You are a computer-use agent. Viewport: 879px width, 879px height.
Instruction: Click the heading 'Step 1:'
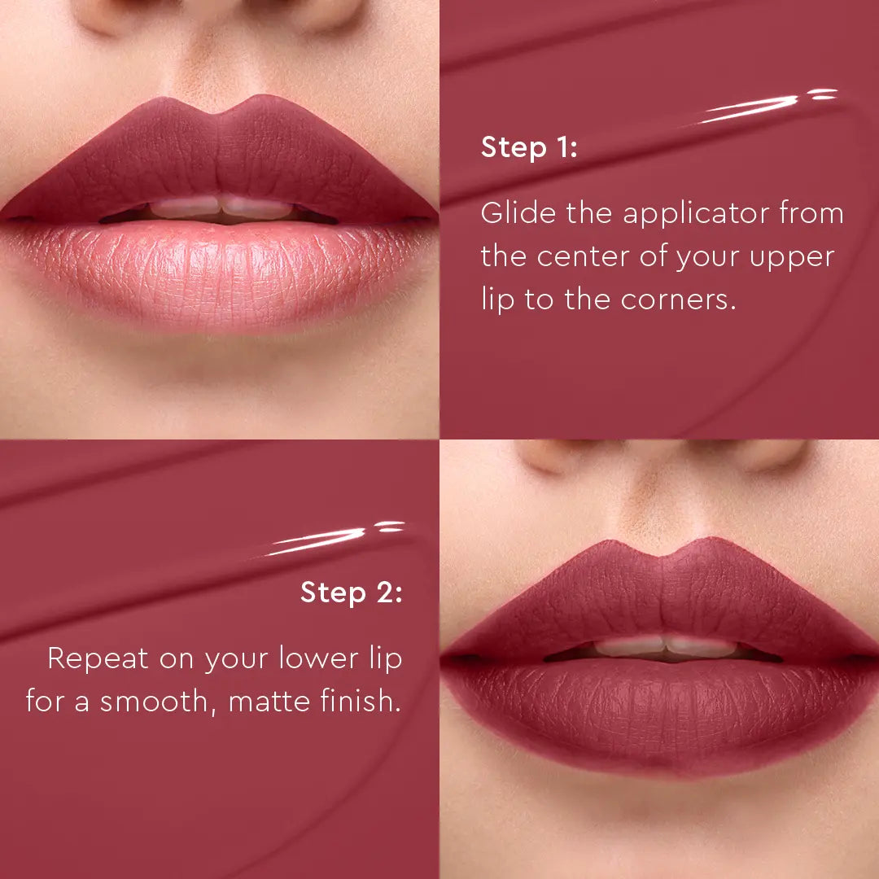pos(529,148)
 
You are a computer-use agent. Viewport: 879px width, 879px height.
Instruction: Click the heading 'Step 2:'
pos(351,593)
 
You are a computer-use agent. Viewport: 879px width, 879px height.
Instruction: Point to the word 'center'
pos(584,257)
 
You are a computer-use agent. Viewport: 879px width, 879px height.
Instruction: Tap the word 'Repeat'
pos(98,658)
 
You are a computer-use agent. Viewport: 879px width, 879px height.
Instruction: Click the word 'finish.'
pos(356,701)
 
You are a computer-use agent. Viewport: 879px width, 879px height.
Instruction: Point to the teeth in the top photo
pos(220,208)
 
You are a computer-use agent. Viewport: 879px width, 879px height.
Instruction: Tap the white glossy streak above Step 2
pos(326,539)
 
